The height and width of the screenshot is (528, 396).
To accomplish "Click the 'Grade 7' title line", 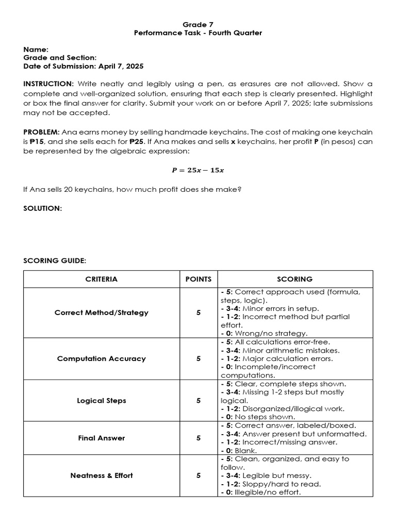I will pyautogui.click(x=198, y=24).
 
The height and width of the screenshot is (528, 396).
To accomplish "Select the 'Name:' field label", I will pyautogui.click(x=36, y=49).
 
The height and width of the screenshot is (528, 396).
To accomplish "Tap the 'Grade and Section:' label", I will pyautogui.click(x=60, y=58).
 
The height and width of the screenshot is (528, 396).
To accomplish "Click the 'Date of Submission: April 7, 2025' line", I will pyautogui.click(x=83, y=67).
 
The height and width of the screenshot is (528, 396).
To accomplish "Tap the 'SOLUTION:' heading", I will pyautogui.click(x=42, y=208).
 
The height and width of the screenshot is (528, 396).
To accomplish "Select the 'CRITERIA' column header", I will pyautogui.click(x=101, y=279).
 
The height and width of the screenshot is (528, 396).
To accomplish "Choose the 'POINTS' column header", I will pyautogui.click(x=199, y=279).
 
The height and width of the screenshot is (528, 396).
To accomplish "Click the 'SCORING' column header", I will pyautogui.click(x=294, y=279).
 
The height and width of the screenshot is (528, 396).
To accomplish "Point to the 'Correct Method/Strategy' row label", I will pyautogui.click(x=101, y=312).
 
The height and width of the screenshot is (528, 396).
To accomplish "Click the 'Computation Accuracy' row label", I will pyautogui.click(x=101, y=358).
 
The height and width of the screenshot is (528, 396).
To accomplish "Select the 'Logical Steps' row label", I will pyautogui.click(x=101, y=401).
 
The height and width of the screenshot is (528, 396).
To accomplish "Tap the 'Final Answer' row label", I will pyautogui.click(x=101, y=438).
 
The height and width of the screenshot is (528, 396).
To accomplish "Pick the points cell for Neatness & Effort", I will pyautogui.click(x=199, y=475).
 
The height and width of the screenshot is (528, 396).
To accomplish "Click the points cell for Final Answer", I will pyautogui.click(x=199, y=438).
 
